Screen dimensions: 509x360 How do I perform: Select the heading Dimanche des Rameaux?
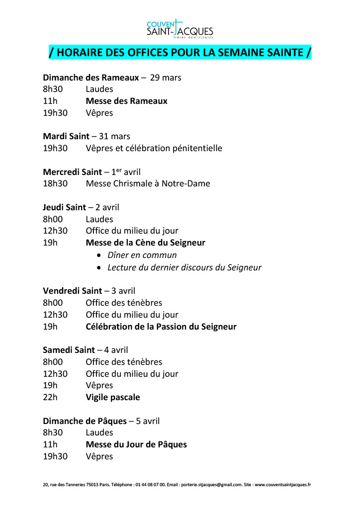click(91, 78)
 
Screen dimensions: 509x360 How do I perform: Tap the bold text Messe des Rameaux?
click(126, 101)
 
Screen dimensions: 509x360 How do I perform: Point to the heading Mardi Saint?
click(67, 136)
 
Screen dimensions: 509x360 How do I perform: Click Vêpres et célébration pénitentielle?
click(154, 148)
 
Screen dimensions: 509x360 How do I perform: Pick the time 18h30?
click(55, 183)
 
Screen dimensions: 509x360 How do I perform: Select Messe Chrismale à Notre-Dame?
click(148, 183)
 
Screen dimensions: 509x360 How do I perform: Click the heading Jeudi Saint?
click(65, 207)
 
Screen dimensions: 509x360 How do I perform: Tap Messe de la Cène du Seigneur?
click(145, 243)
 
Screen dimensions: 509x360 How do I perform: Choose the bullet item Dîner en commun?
click(142, 255)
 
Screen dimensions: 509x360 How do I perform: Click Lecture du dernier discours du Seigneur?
click(184, 267)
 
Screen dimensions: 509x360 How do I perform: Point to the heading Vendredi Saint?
click(73, 291)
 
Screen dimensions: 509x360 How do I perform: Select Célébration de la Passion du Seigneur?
click(161, 327)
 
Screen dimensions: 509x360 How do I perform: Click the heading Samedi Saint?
click(69, 350)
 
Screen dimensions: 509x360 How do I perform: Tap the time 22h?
click(50, 397)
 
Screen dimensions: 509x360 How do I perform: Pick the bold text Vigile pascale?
click(113, 397)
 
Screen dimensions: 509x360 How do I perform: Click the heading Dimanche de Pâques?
click(85, 421)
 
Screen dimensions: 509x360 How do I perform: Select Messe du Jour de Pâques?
click(136, 444)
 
